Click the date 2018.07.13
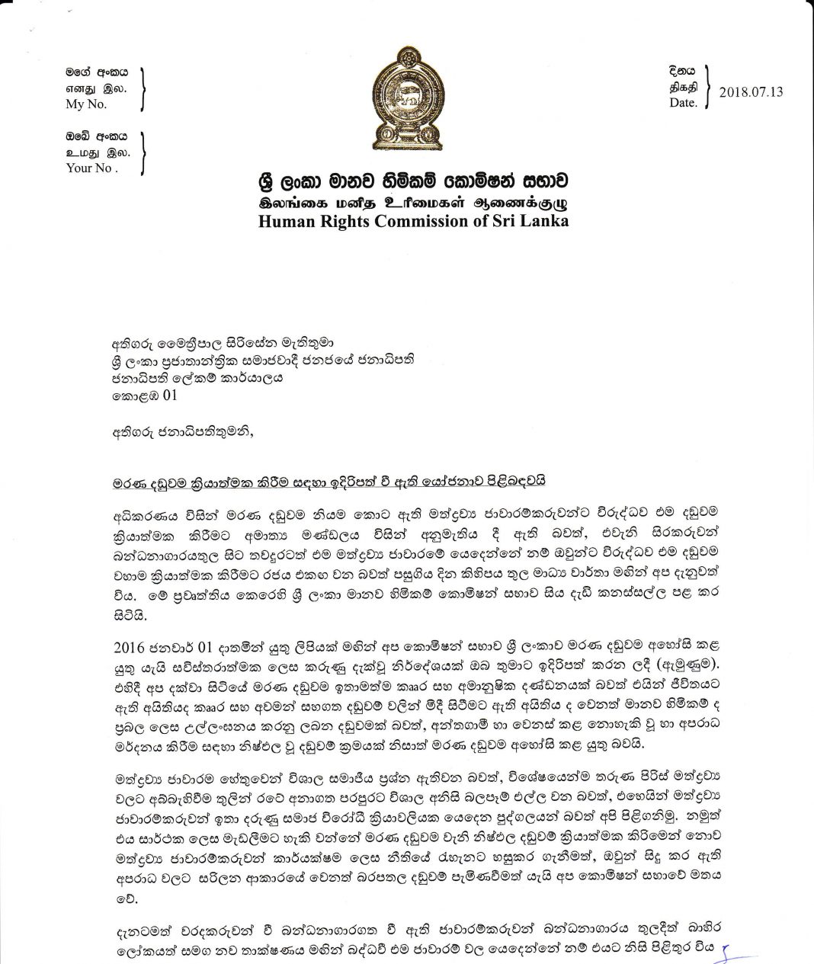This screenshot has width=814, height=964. click(x=751, y=92)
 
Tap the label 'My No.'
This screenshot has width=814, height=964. click(x=86, y=104)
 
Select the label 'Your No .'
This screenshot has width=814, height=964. click(x=92, y=168)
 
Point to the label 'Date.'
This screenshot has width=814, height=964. click(x=683, y=103)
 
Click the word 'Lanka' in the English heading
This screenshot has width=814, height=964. click(x=542, y=221)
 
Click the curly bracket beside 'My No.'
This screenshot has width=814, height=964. click(x=143, y=89)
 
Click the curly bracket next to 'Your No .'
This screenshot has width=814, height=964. click(x=143, y=152)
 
